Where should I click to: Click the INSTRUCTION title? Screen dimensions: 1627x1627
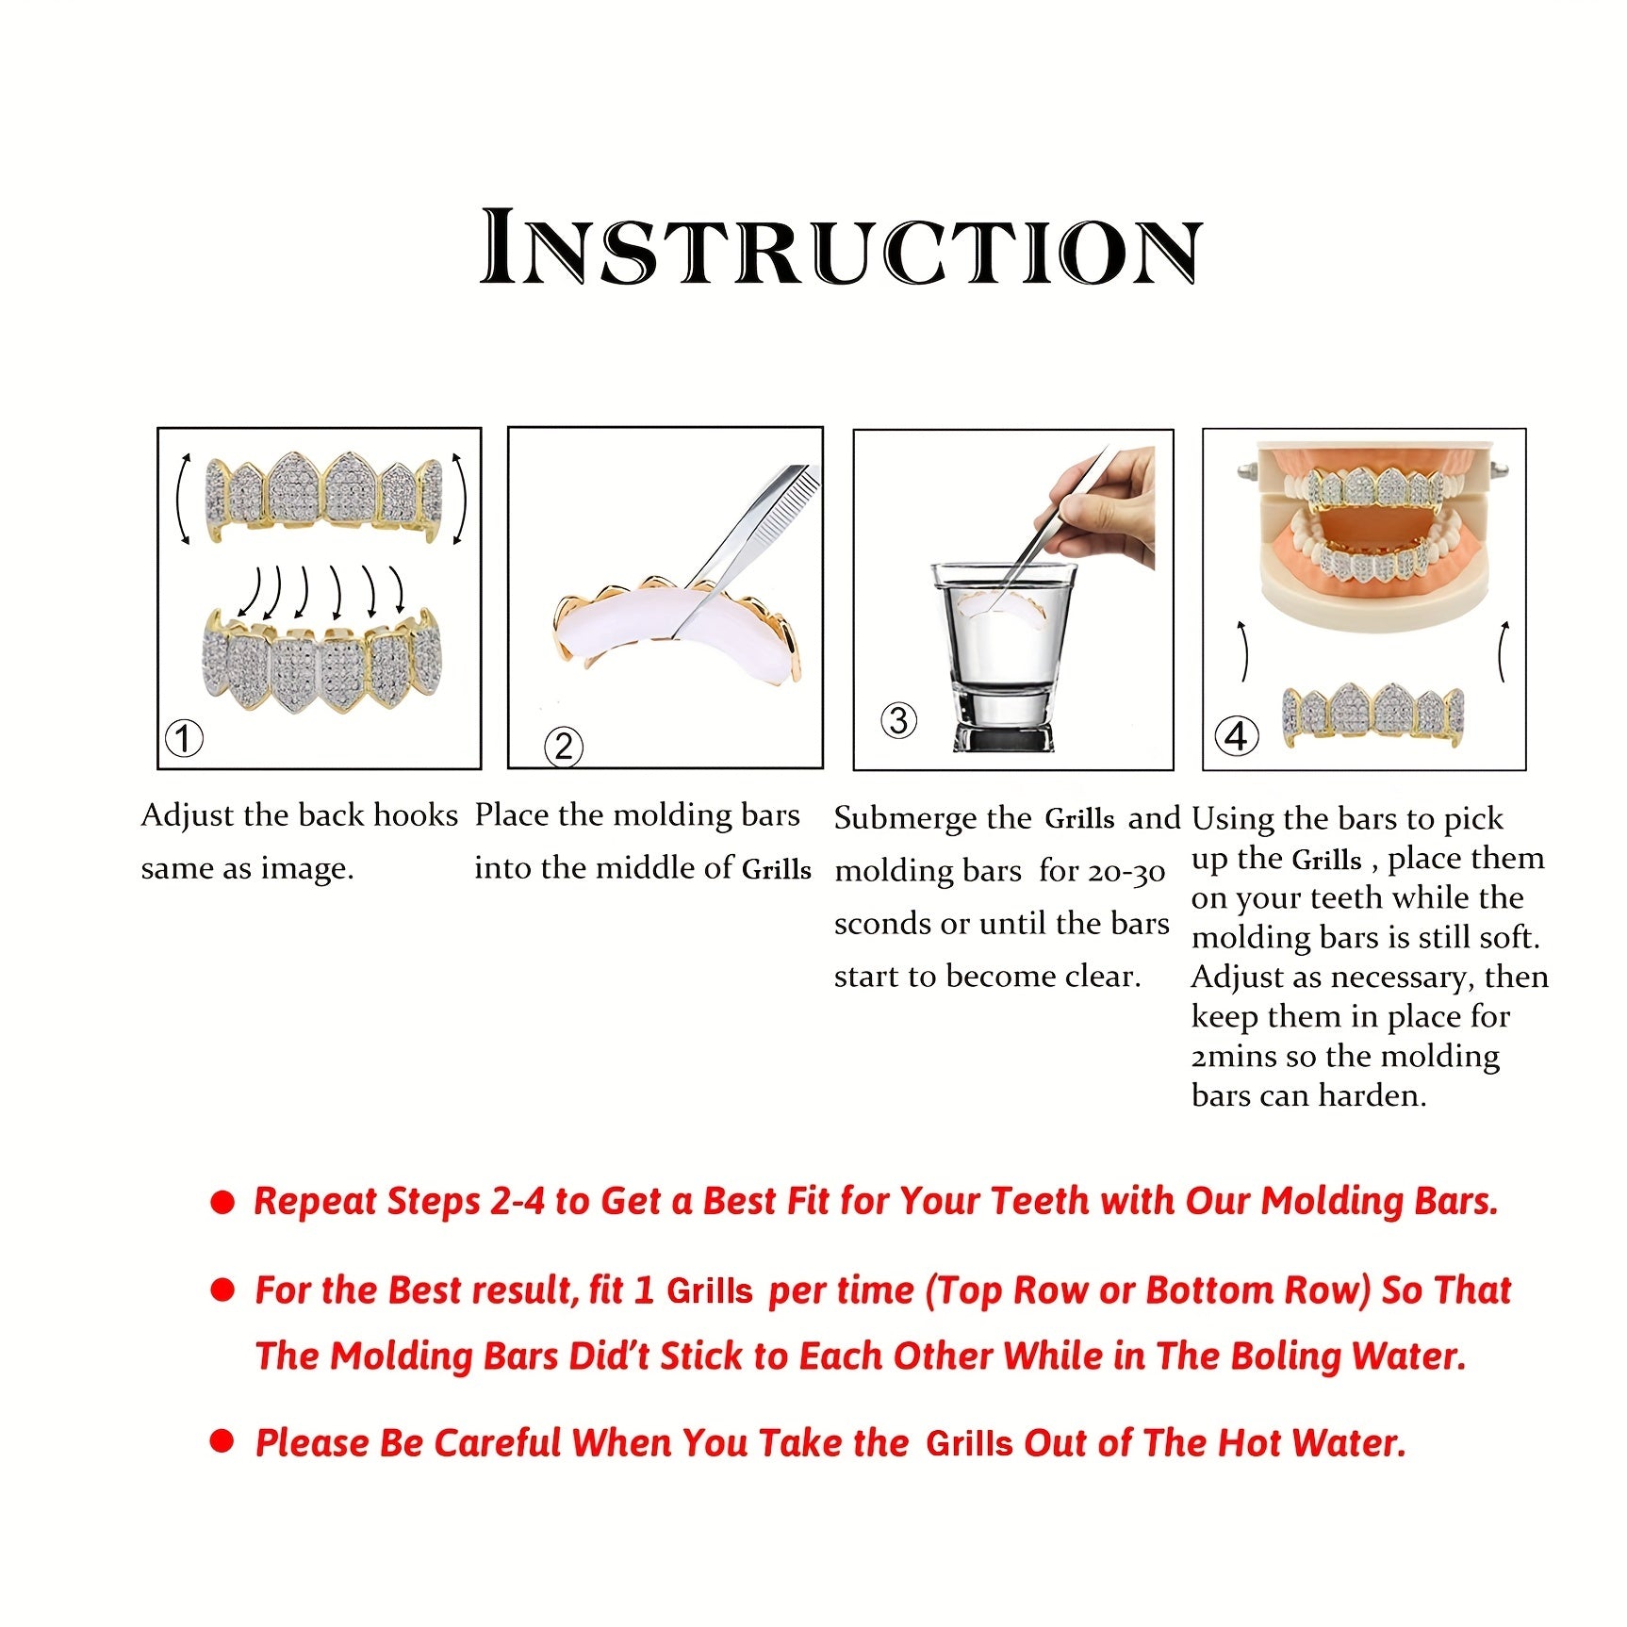[x=841, y=247]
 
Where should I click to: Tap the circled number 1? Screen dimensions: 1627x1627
[x=184, y=737]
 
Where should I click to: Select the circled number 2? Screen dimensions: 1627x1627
[x=564, y=747]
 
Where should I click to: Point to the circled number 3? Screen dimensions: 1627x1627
[x=898, y=721]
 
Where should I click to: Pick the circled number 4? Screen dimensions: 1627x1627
[x=1236, y=735]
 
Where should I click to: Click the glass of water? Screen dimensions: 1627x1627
[x=1003, y=656]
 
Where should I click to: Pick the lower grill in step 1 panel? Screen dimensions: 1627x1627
[x=321, y=660]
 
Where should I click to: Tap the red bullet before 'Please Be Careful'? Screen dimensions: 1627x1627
[x=222, y=1441]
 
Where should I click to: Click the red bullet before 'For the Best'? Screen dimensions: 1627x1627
[x=222, y=1290]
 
